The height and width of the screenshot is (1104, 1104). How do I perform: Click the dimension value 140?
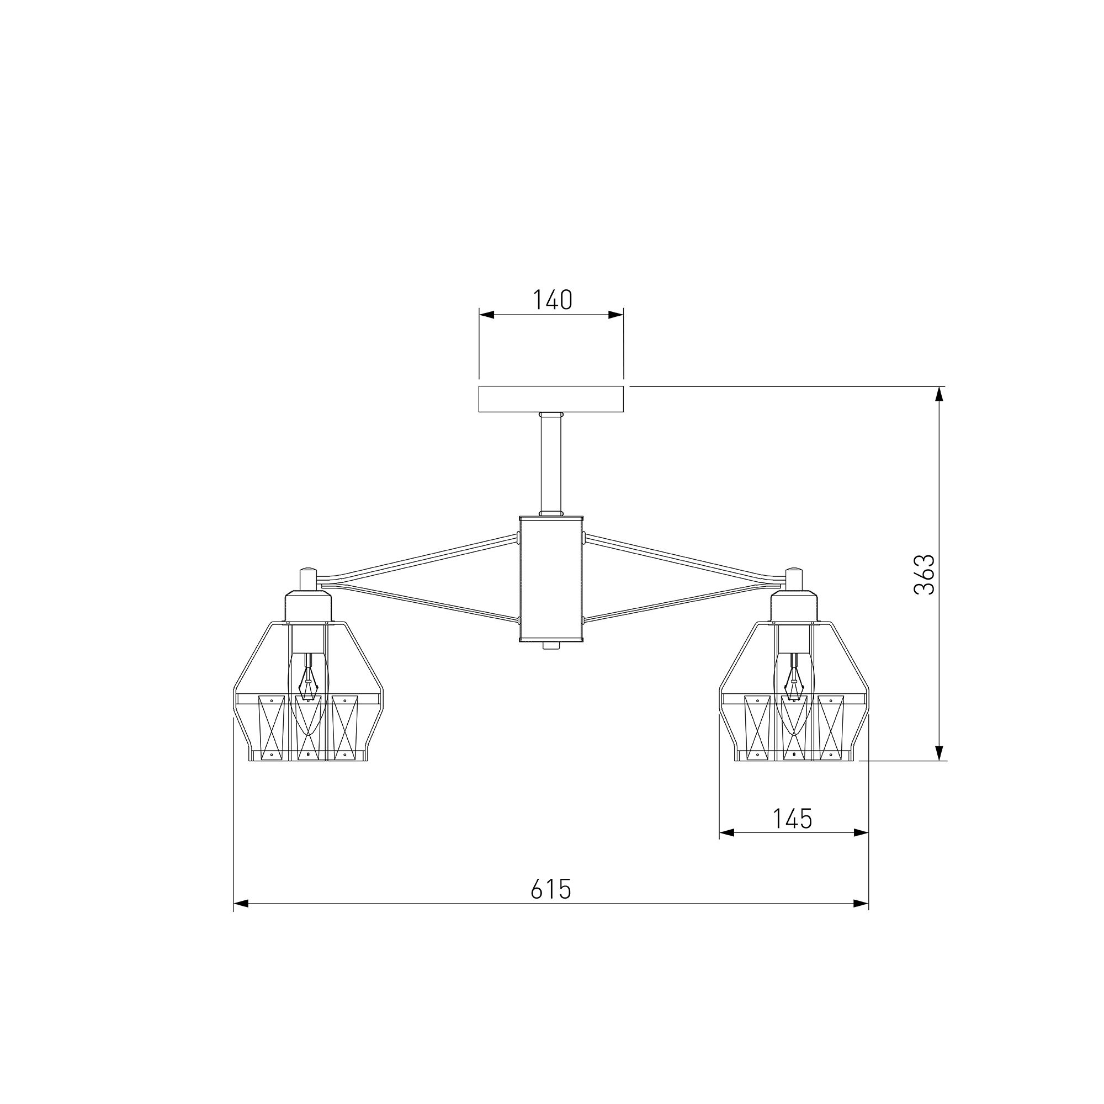tap(552, 300)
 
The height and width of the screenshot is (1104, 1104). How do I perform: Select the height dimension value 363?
tap(924, 574)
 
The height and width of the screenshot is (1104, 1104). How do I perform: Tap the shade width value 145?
tap(793, 819)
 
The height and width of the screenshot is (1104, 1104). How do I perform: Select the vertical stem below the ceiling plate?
tap(551, 464)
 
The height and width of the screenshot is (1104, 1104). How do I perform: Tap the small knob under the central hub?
tap(551, 645)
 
